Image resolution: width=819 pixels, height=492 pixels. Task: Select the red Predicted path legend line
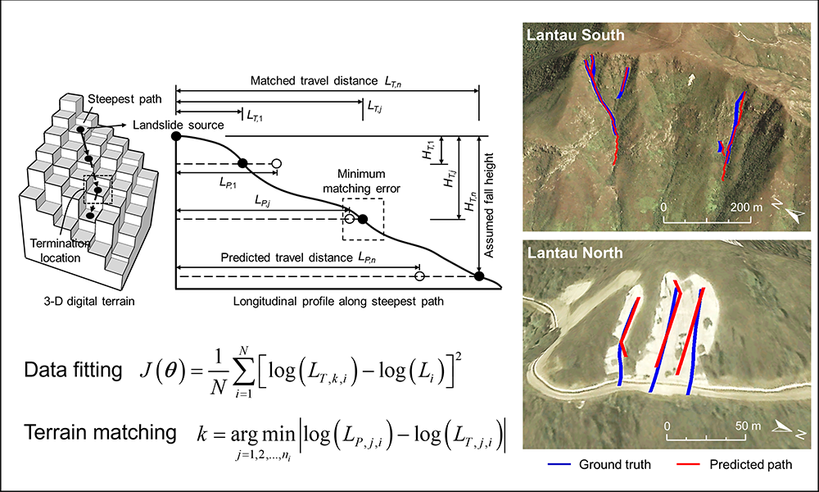tap(690, 465)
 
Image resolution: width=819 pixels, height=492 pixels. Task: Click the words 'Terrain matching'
tap(97, 432)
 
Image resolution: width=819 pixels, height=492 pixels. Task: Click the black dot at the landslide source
tap(176, 135)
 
